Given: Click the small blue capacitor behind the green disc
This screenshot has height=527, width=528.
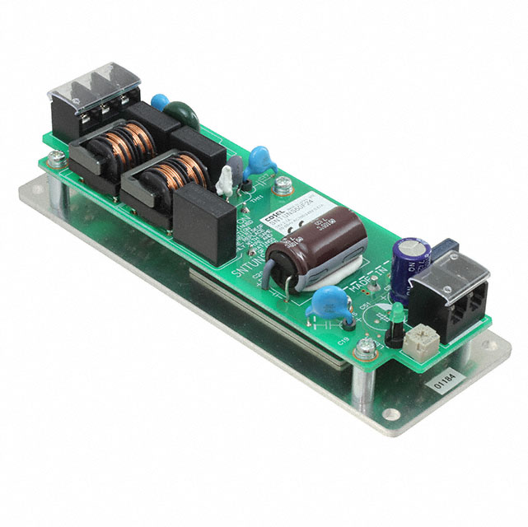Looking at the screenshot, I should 161,103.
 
